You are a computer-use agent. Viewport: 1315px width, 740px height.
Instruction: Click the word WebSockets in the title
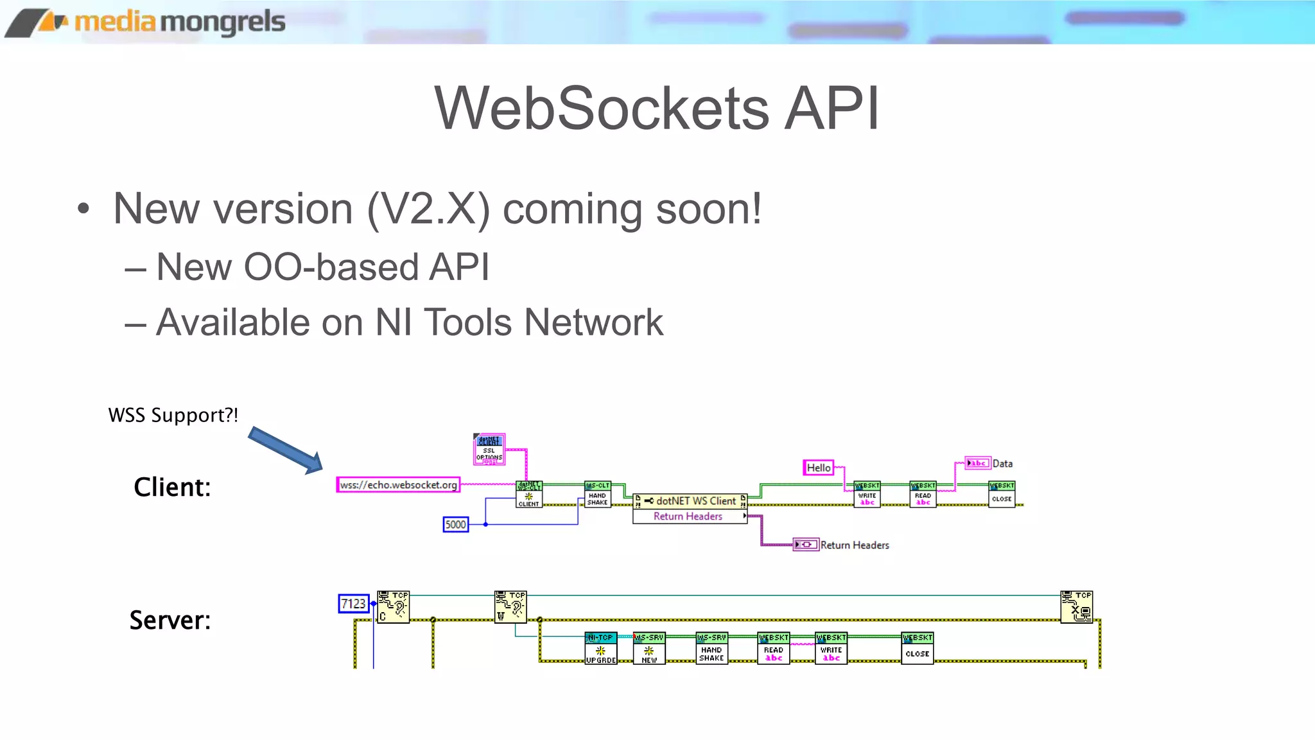point(601,108)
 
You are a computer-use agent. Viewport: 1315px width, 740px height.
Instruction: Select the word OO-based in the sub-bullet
point(330,267)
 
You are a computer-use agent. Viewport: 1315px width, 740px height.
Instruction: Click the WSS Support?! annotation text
point(173,415)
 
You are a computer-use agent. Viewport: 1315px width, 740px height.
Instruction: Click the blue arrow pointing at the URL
point(286,450)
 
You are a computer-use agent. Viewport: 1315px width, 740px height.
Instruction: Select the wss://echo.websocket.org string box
point(398,485)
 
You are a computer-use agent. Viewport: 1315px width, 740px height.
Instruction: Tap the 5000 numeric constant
point(455,525)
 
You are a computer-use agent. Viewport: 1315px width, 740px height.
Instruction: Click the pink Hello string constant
point(819,468)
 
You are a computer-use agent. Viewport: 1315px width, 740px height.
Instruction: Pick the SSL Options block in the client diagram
point(489,449)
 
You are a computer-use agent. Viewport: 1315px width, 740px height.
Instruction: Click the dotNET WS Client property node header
point(690,501)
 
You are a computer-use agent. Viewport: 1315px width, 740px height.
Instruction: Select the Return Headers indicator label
point(854,545)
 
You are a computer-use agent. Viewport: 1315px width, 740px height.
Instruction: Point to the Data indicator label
point(1002,464)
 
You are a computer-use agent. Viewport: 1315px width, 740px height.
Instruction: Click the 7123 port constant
point(353,604)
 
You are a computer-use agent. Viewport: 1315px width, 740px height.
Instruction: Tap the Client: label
point(171,488)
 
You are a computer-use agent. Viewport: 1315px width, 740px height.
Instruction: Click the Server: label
point(170,621)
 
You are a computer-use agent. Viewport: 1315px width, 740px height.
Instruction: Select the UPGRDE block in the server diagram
point(600,648)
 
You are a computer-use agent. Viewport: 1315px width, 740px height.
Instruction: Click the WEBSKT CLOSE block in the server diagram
point(917,648)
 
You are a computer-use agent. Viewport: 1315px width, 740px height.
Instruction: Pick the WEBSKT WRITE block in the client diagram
point(867,494)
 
